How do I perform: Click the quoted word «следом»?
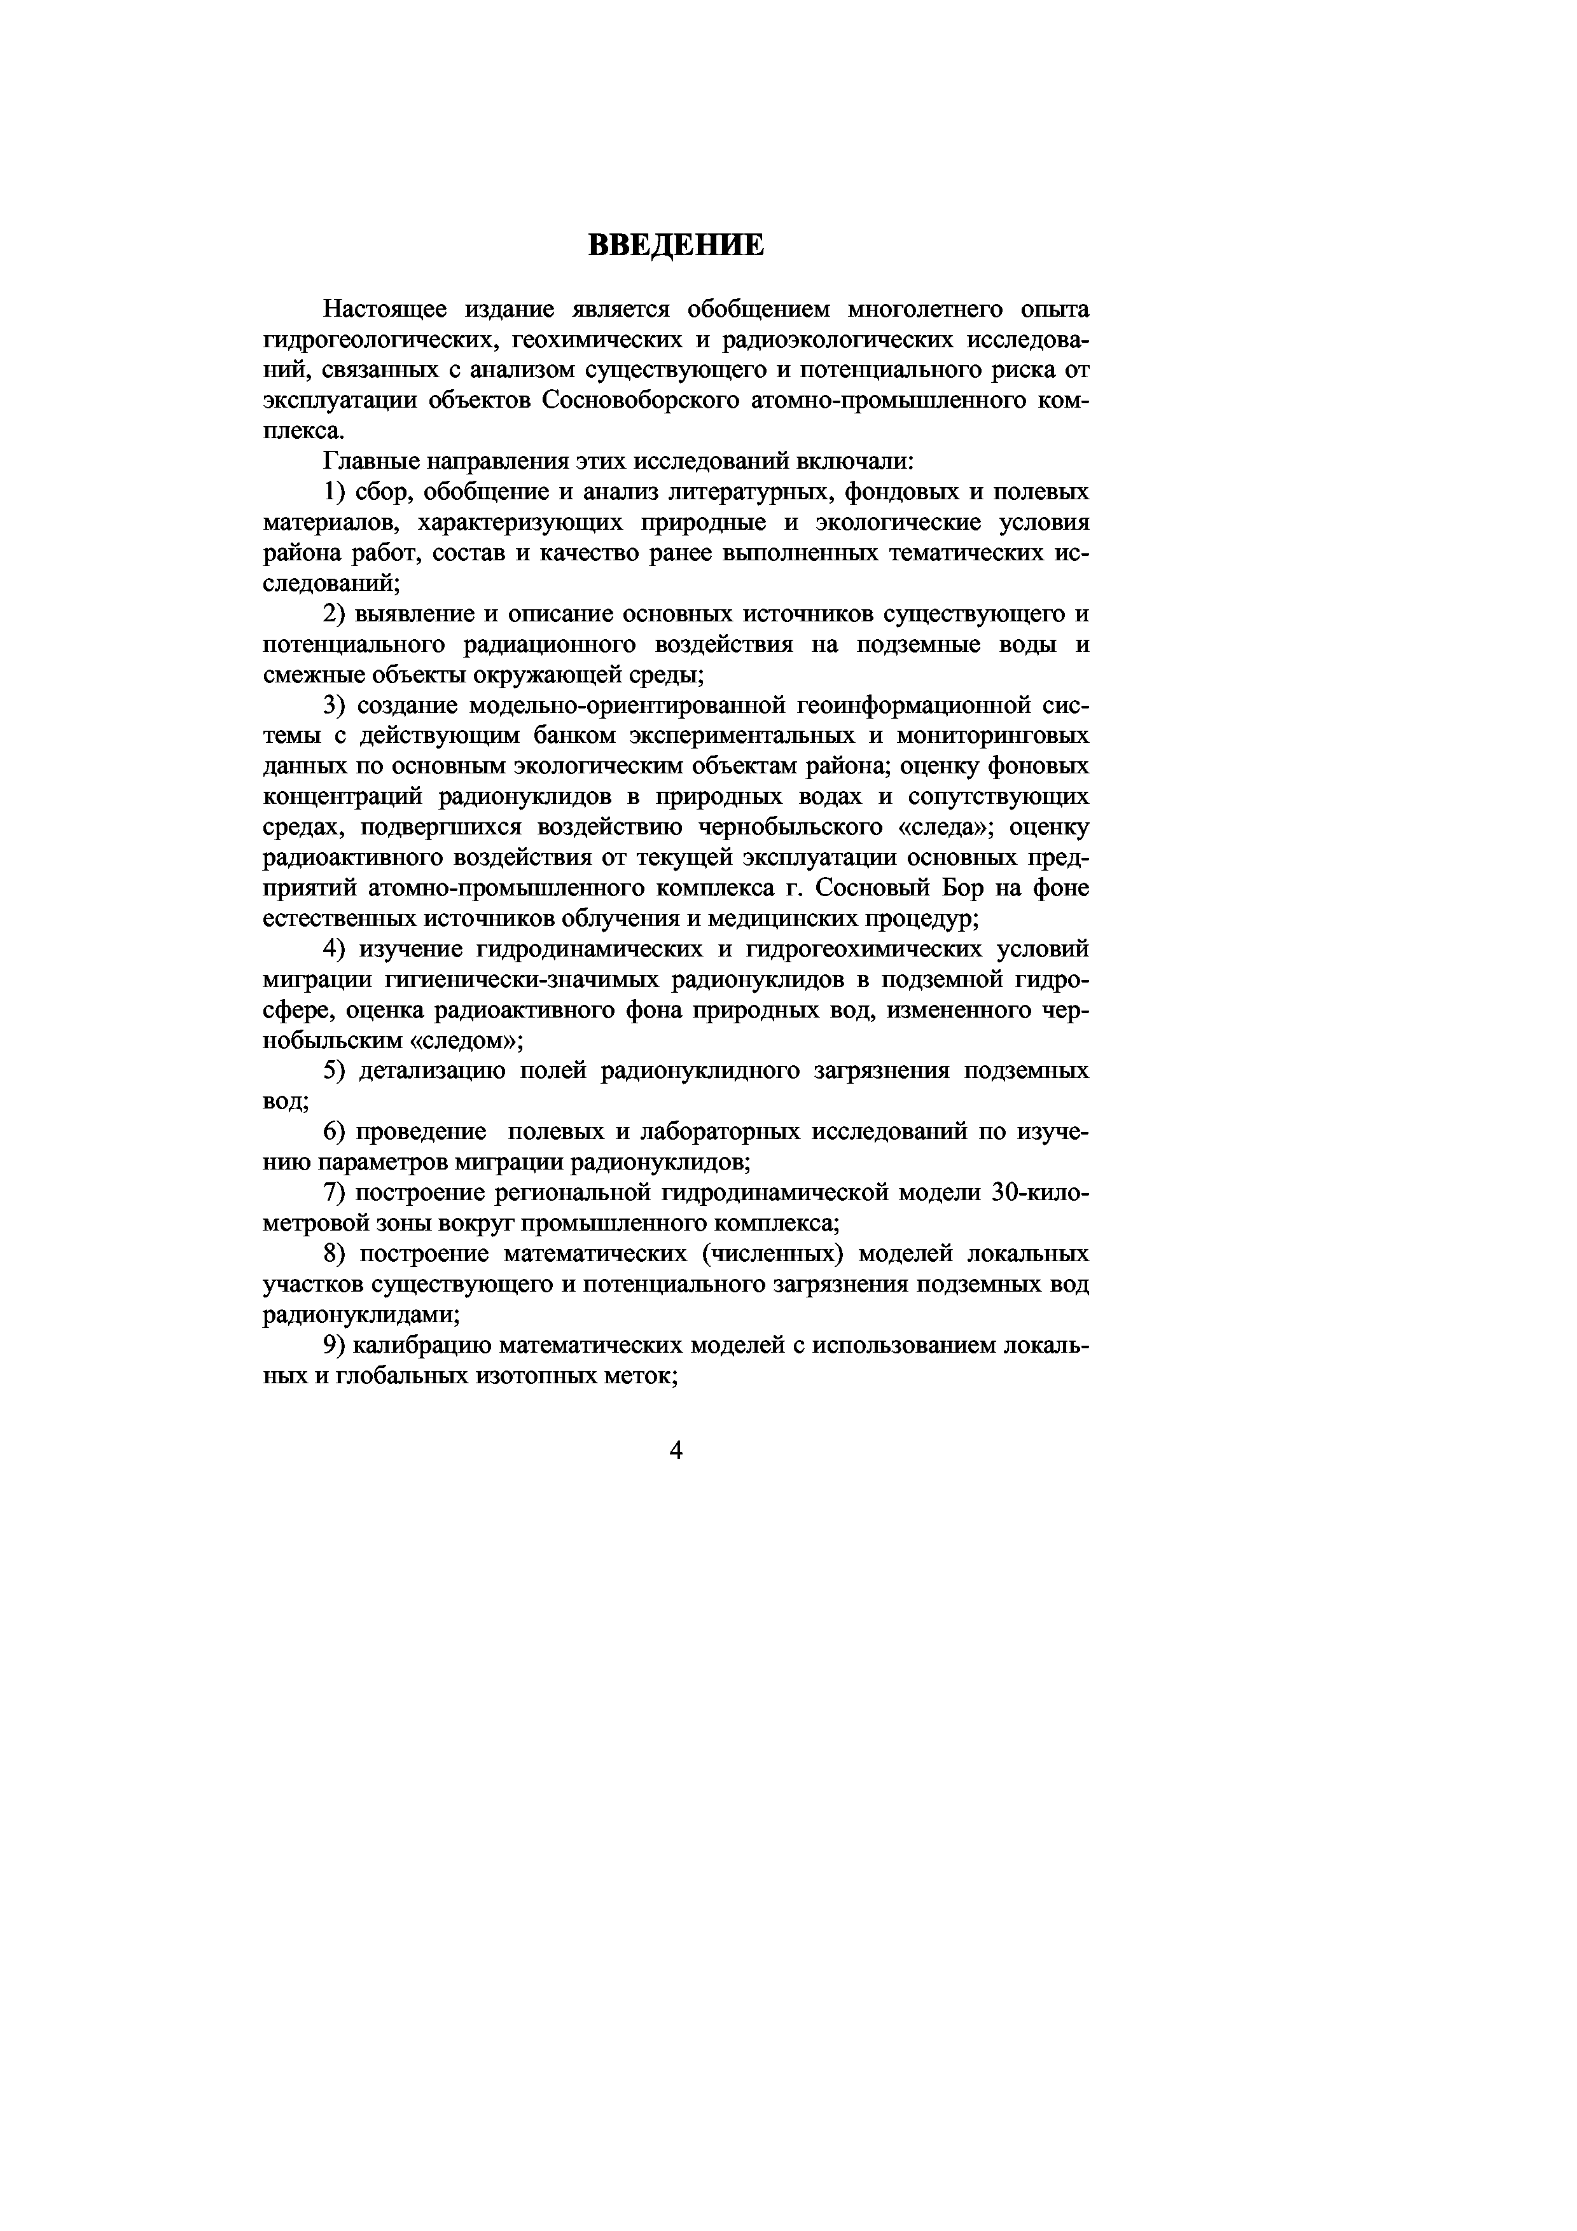point(468,1040)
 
